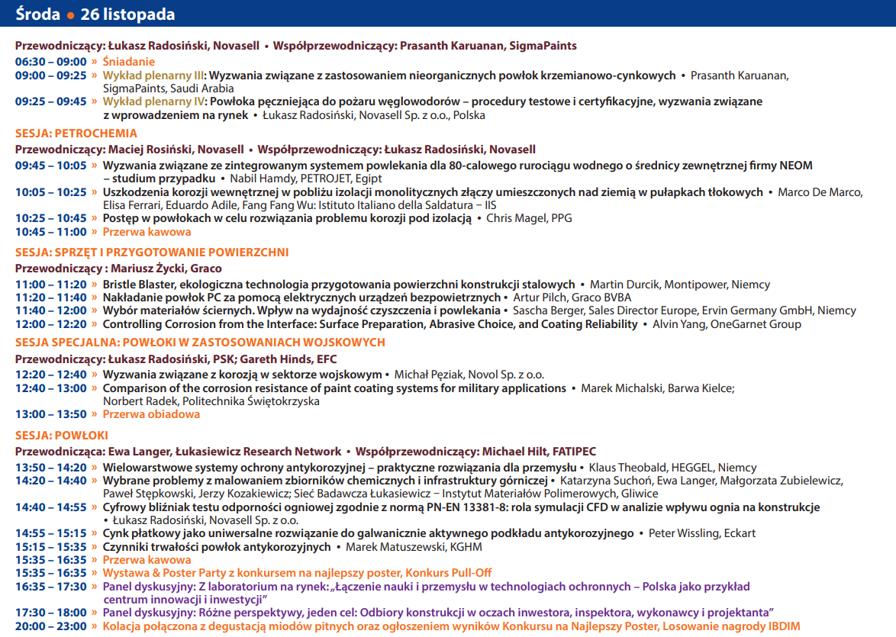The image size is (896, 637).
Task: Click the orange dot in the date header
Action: click(x=70, y=15)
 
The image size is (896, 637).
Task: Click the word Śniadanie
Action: click(x=129, y=62)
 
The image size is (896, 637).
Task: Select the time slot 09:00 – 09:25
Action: click(x=51, y=76)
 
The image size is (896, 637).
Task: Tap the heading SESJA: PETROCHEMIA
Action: click(x=76, y=134)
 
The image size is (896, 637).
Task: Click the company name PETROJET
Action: click(x=323, y=179)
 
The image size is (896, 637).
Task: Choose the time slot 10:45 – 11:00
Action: click(x=51, y=232)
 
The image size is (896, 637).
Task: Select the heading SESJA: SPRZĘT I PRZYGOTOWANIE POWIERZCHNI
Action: click(x=152, y=253)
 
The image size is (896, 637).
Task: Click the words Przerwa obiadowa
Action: click(x=151, y=414)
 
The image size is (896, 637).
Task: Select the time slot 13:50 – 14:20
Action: click(x=51, y=468)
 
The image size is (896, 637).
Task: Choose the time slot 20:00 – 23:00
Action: click(x=51, y=627)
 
